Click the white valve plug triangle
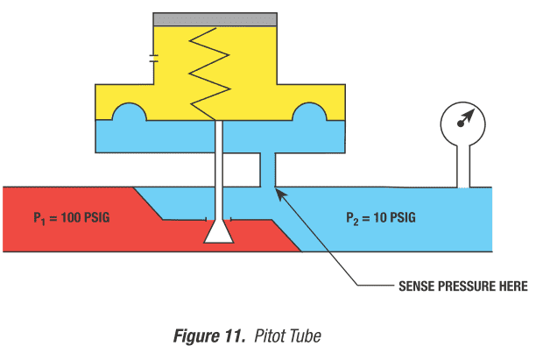pos(217,232)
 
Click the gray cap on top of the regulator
pos(216,18)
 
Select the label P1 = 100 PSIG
pos(73,217)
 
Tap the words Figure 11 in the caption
pos(208,335)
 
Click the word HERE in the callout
pos(512,286)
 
